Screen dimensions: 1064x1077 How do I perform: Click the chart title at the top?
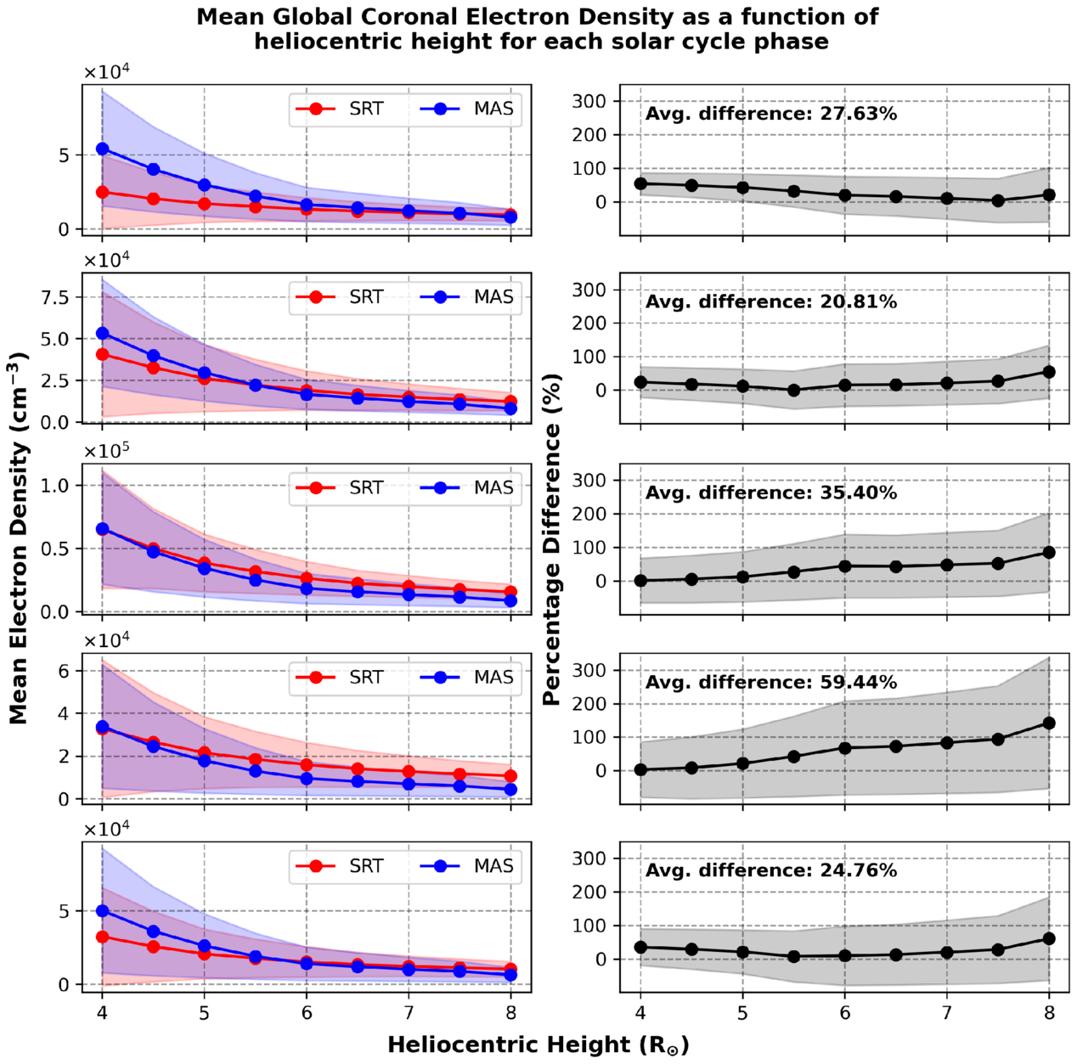point(538,29)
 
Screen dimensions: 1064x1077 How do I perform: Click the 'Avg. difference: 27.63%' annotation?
point(770,114)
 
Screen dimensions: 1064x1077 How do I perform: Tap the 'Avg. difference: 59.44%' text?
point(770,683)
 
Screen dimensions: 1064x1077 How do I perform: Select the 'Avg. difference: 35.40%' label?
point(770,493)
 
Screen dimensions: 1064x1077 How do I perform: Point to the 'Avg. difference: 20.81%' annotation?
point(770,302)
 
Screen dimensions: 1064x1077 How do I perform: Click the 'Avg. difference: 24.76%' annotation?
point(770,871)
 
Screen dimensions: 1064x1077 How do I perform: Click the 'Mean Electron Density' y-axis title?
point(19,538)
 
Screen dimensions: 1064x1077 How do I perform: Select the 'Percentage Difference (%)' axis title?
point(551,539)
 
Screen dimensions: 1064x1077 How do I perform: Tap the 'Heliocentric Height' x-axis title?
point(538,1045)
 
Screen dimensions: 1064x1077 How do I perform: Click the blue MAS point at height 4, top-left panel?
point(102,149)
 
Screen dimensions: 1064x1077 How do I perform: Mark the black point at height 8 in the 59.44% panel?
point(1049,723)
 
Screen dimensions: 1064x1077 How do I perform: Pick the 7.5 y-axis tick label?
point(57,297)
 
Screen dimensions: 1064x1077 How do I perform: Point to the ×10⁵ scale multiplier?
point(106,450)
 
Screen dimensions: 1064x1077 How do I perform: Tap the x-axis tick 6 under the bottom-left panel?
point(307,1012)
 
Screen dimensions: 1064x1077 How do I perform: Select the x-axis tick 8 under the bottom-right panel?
point(1049,1012)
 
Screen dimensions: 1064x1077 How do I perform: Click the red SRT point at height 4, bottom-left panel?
point(102,937)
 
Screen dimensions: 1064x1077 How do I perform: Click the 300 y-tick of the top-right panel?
point(589,101)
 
